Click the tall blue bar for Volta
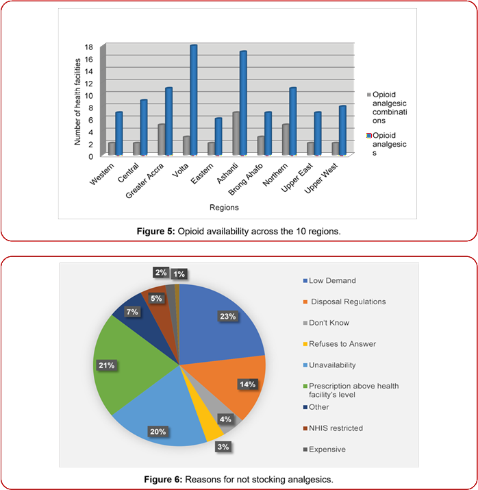coord(194,99)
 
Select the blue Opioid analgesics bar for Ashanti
coord(242,103)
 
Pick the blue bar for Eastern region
coord(218,136)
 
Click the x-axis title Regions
coord(225,206)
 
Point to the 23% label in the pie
coord(228,316)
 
